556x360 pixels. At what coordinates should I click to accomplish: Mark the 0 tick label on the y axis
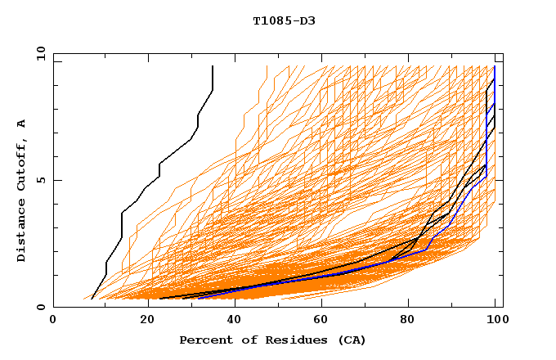click(40, 308)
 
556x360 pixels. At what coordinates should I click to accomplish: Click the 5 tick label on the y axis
click(40, 180)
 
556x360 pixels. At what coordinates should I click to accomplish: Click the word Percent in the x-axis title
click(203, 340)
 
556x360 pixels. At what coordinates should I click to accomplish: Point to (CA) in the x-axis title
click(351, 340)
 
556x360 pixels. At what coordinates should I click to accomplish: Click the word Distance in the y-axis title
click(21, 231)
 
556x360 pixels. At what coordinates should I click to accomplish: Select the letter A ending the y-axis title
click(21, 124)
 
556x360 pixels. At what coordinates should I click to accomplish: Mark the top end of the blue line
click(494, 67)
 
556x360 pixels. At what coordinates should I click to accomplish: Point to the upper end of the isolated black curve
click(213, 67)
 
